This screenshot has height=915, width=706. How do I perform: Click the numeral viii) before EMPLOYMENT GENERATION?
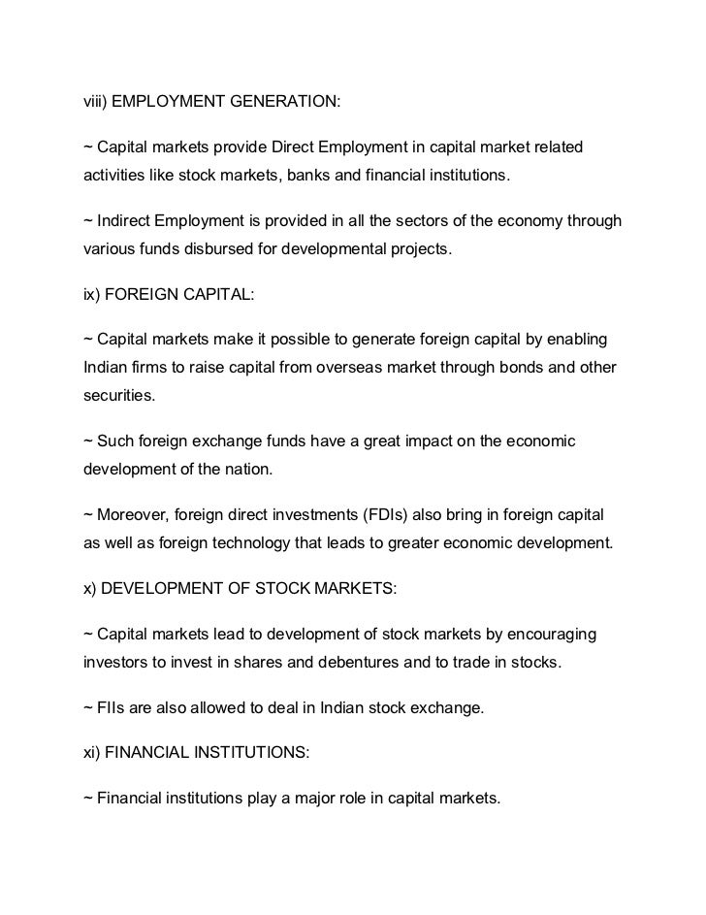coord(95,100)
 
